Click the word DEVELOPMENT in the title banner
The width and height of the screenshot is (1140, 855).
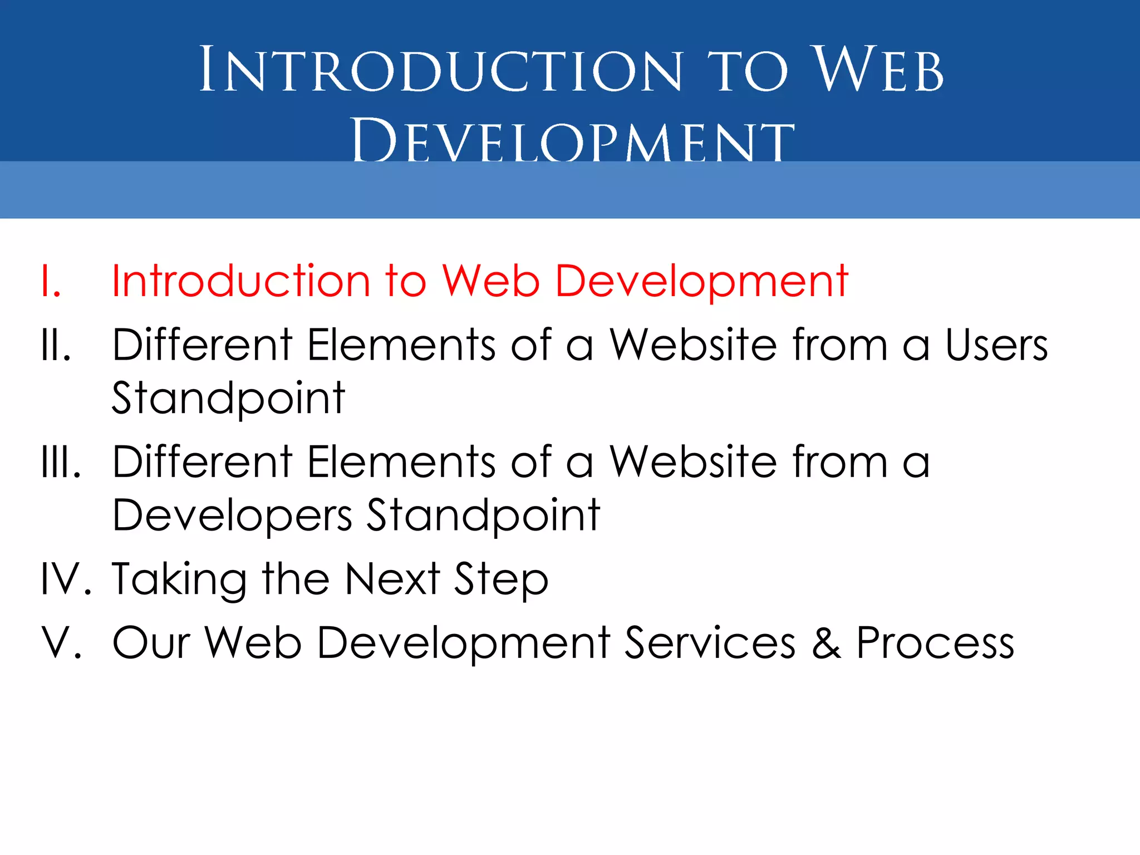pos(573,140)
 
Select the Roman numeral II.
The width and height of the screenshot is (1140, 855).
pos(56,345)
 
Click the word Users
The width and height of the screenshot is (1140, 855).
pos(996,345)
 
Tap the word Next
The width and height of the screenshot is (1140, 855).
pos(392,579)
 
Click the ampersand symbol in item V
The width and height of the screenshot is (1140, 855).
pos(826,643)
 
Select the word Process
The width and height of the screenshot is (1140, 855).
pos(935,643)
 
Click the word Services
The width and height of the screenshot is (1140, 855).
pos(710,643)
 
